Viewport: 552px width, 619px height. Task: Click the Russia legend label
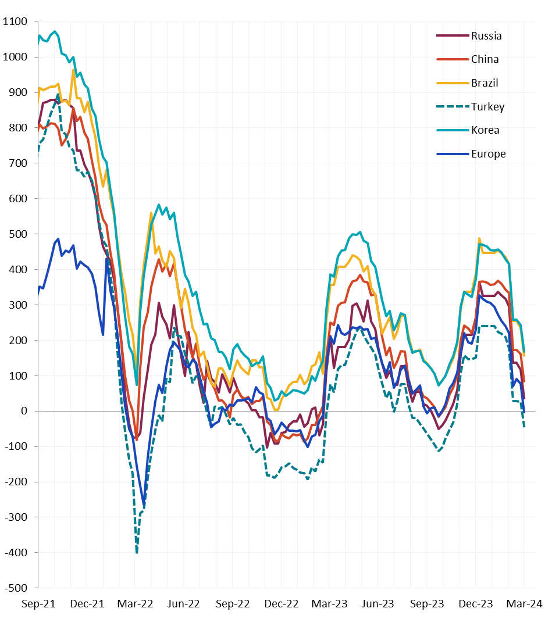click(x=486, y=36)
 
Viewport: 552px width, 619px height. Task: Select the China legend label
click(x=485, y=59)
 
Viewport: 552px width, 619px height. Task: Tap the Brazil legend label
click(x=485, y=83)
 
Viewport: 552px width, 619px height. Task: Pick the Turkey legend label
click(x=488, y=107)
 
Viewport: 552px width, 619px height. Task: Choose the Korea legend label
click(x=485, y=130)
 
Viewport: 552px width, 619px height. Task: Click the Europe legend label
click(x=489, y=154)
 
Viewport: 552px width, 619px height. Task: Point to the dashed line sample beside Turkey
click(x=452, y=107)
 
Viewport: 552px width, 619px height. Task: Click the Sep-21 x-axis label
click(x=38, y=604)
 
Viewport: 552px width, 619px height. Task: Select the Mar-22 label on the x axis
click(x=136, y=604)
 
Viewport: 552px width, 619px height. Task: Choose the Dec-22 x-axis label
click(x=282, y=604)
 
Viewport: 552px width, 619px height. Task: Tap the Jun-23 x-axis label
click(x=379, y=604)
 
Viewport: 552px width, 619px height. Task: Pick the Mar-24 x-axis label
click(x=525, y=604)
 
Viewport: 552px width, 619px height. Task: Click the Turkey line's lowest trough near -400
click(x=137, y=552)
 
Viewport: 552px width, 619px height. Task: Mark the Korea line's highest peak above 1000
click(x=55, y=31)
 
